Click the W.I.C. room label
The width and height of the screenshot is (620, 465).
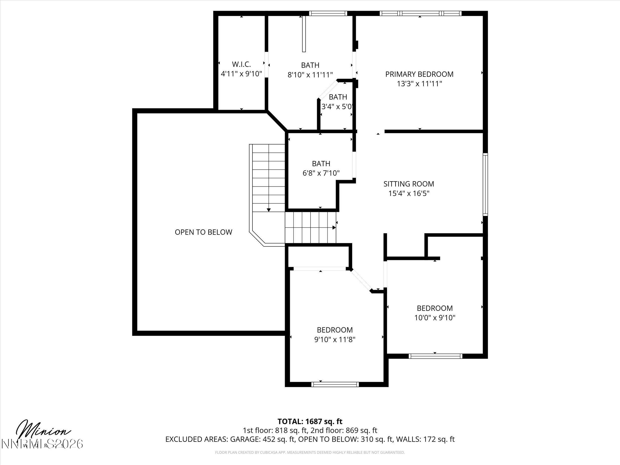241,64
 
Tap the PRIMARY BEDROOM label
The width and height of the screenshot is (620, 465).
419,74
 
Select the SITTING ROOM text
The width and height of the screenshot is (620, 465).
409,184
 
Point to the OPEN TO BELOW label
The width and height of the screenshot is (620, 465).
204,232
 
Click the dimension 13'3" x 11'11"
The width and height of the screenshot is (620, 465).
419,84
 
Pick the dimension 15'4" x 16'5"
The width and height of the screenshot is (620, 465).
409,193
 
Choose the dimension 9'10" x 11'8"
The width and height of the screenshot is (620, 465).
335,340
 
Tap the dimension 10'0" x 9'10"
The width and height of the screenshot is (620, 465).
435,318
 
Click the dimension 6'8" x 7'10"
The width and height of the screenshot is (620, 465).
321,173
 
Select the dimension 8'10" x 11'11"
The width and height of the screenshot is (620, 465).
310,75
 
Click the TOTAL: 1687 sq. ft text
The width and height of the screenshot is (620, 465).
310,421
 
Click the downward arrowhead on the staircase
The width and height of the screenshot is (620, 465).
269,210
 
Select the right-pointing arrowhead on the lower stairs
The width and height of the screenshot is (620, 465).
334,228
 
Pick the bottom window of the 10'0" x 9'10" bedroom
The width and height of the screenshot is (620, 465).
435,356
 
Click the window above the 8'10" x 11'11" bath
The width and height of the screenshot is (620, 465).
328,13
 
